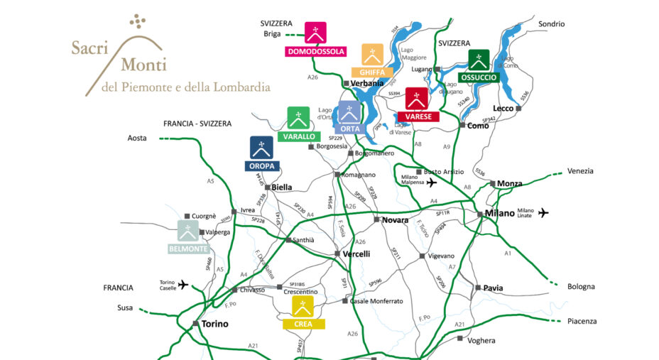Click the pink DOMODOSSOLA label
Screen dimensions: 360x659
click(x=315, y=51)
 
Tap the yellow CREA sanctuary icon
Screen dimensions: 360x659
click(x=304, y=307)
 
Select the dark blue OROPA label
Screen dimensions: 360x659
click(x=261, y=166)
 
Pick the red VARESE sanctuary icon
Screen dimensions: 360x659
click(x=415, y=99)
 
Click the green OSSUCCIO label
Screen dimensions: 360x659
click(x=479, y=77)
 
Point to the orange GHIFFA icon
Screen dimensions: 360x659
click(x=373, y=55)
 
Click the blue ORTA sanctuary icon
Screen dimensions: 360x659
click(x=348, y=111)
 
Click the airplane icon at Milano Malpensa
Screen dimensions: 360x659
click(x=431, y=182)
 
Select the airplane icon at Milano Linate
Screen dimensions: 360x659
click(x=543, y=212)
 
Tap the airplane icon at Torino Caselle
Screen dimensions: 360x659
click(x=183, y=285)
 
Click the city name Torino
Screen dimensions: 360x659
click(x=214, y=324)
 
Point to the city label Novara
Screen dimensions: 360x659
click(x=395, y=220)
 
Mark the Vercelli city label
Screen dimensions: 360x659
click(x=356, y=253)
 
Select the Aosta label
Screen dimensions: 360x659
click(x=137, y=138)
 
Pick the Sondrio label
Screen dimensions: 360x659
click(x=551, y=24)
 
